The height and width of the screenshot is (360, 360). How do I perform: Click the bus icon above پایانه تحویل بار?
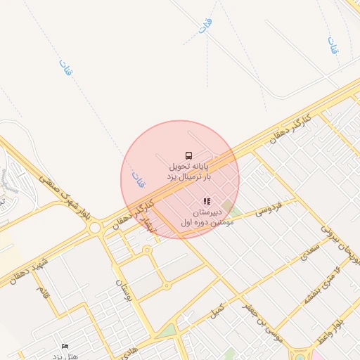pos(188,155)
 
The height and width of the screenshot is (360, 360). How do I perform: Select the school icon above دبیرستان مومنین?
pos(207,201)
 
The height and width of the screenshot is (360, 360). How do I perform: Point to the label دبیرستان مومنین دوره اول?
pos(207,217)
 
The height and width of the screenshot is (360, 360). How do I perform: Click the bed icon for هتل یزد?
pos(65,346)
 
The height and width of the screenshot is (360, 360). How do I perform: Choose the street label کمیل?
pos(218,309)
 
